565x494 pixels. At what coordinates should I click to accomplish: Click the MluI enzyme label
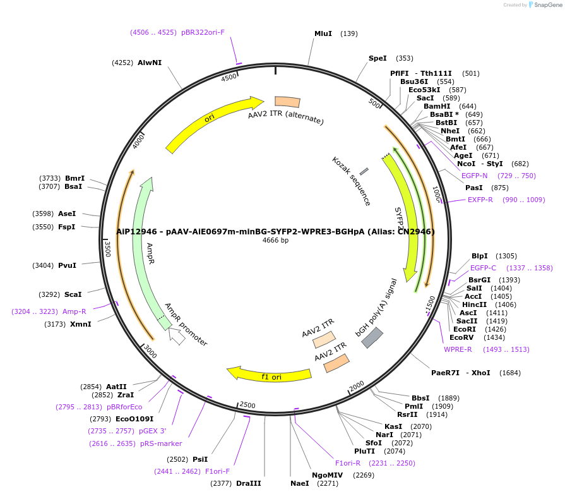pos(323,33)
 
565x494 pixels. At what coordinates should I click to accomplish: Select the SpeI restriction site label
pos(378,58)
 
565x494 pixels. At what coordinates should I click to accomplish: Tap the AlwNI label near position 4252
pos(150,63)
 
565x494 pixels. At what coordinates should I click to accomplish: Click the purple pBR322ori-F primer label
pos(203,32)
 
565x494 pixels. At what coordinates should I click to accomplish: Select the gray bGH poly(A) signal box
pos(372,337)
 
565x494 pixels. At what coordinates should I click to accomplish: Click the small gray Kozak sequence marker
pos(364,171)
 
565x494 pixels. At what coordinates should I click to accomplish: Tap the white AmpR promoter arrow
pos(177,336)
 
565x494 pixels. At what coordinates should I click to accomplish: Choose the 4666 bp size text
pos(276,241)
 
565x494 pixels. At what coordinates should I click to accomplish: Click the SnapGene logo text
pos(547,5)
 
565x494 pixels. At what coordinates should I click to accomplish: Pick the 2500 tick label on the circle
pos(247,405)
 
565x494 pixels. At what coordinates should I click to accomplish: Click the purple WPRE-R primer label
pos(458,349)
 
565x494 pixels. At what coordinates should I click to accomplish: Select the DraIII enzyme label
pos(248,483)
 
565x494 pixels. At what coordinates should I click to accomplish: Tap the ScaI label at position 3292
pos(73,294)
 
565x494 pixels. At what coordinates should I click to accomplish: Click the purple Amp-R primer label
pos(74,311)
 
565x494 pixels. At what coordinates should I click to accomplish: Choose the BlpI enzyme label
pos(480,256)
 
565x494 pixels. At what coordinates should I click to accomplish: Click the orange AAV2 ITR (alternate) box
pos(287,102)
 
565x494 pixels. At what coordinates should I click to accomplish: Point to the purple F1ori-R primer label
pos(348,463)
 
